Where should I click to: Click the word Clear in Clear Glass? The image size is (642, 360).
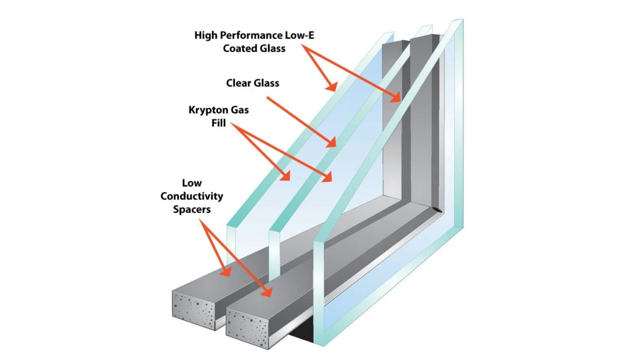pos(240,83)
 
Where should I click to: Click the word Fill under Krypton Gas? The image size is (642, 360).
pos(219,123)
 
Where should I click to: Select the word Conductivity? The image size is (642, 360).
pos(192,196)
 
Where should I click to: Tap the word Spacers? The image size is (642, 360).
pos(192,209)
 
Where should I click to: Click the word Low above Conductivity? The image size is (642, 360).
pos(192,183)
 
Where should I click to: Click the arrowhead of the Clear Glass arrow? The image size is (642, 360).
pos(332,143)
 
